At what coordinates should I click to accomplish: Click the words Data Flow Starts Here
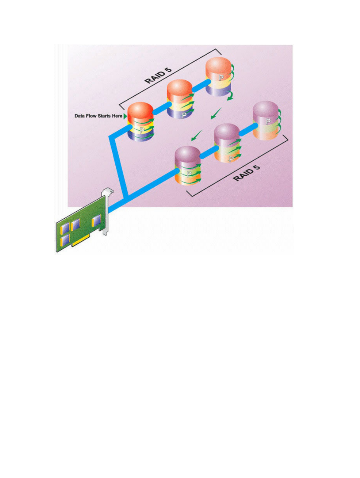[98, 116]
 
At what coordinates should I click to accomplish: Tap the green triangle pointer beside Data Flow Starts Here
[125, 116]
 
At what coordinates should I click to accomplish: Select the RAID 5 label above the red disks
[158, 75]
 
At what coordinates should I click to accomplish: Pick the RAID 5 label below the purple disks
[246, 173]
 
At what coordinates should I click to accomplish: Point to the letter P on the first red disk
[142, 131]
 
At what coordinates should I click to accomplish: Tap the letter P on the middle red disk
[184, 115]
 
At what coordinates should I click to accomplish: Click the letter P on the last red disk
[221, 78]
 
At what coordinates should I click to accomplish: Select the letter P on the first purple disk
[189, 174]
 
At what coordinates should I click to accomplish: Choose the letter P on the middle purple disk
[231, 159]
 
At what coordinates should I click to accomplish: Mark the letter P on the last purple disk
[268, 121]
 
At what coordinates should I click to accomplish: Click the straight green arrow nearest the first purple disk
[197, 135]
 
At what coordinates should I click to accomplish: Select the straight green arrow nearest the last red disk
[216, 113]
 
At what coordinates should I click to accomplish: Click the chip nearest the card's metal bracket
[96, 221]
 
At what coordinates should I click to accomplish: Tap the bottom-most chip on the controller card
[65, 240]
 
